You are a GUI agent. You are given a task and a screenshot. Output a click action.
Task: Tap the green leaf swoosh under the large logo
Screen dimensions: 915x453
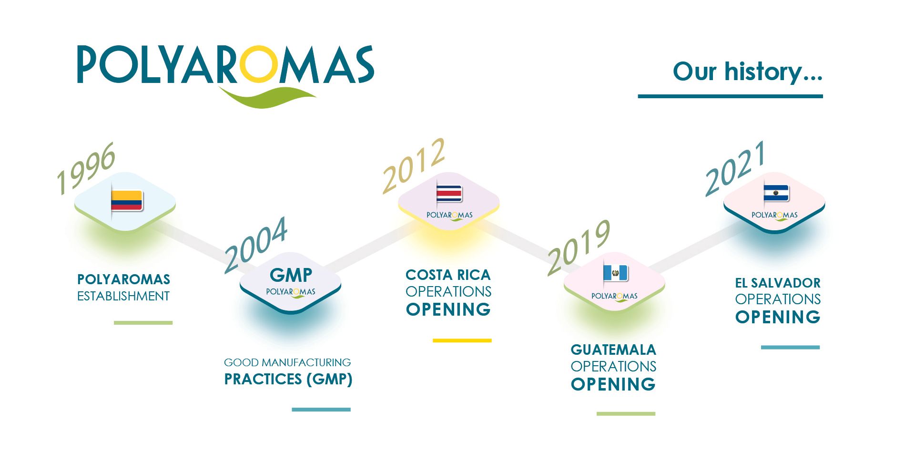(267, 97)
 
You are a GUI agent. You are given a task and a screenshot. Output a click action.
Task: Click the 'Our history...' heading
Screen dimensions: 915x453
(747, 72)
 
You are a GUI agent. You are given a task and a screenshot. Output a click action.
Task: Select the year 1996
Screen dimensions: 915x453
(86, 168)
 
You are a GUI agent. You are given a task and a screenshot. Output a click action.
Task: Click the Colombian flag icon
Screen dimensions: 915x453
(126, 201)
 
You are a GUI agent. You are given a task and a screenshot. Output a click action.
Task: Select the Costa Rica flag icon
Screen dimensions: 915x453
(449, 194)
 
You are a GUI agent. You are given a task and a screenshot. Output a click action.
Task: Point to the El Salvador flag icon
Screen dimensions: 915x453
(776, 193)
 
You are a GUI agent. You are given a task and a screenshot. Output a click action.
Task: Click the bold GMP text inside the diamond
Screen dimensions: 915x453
(291, 275)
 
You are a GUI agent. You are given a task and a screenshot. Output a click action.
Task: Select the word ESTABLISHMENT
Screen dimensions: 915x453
(123, 296)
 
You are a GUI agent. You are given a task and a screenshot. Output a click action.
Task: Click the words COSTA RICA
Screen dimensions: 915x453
(448, 275)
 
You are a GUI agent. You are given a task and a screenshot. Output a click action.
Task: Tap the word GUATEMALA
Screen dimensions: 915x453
(613, 350)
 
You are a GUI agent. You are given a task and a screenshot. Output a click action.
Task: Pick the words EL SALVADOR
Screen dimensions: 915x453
(778, 283)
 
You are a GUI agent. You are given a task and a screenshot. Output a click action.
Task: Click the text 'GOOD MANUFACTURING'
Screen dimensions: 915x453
(287, 362)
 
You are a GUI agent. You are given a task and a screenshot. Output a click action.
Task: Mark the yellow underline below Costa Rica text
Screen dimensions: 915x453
(462, 340)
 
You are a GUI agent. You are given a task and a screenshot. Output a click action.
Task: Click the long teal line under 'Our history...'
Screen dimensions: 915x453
(731, 96)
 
